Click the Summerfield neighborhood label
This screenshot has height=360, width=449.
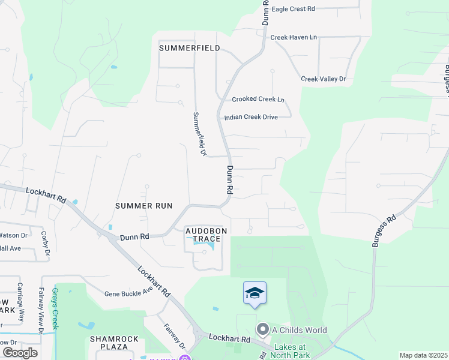[x=189, y=47]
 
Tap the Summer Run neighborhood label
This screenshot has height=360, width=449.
[x=143, y=206]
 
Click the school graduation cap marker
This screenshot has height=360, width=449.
[x=255, y=293]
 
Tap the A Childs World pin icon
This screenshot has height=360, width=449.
[x=262, y=329]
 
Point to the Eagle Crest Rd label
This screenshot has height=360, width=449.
[x=293, y=9]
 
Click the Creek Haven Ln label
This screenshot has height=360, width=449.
[x=293, y=37]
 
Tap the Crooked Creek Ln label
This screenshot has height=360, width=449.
[x=258, y=99]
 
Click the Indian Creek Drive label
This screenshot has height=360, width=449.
[x=250, y=117]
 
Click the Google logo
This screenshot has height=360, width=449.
[x=19, y=352]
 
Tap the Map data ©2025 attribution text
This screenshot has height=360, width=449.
[x=423, y=355]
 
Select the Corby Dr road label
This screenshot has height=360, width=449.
[x=44, y=243]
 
